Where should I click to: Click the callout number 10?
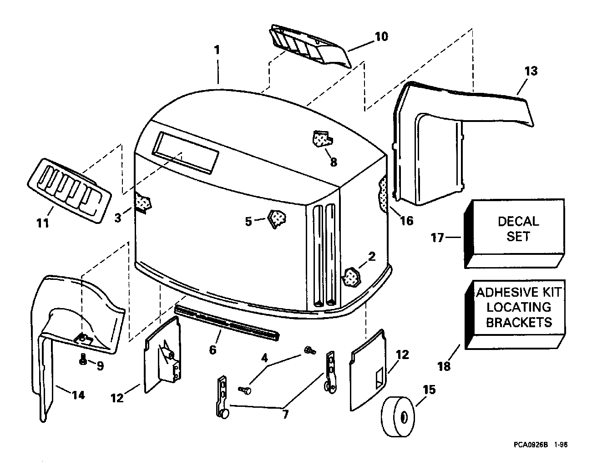pyautogui.click(x=382, y=36)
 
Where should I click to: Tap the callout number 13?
pyautogui.click(x=531, y=71)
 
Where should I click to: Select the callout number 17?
pyautogui.click(x=437, y=238)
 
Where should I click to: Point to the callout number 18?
pyautogui.click(x=444, y=366)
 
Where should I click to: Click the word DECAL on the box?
pyautogui.click(x=519, y=222)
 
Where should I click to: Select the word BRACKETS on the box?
pyautogui.click(x=519, y=322)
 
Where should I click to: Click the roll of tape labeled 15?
pyautogui.click(x=398, y=416)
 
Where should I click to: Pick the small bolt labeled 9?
pyautogui.click(x=83, y=360)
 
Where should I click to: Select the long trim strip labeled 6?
pyautogui.click(x=227, y=322)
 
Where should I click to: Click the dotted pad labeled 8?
pyautogui.click(x=323, y=139)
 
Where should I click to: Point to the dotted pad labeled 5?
pyautogui.click(x=277, y=219)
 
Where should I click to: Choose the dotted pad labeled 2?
pyautogui.click(x=351, y=277)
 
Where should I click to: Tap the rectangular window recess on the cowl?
pyautogui.click(x=185, y=152)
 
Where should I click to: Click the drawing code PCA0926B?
pyautogui.click(x=531, y=452)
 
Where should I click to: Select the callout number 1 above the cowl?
pyautogui.click(x=217, y=50)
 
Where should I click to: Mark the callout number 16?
pyautogui.click(x=407, y=221)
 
